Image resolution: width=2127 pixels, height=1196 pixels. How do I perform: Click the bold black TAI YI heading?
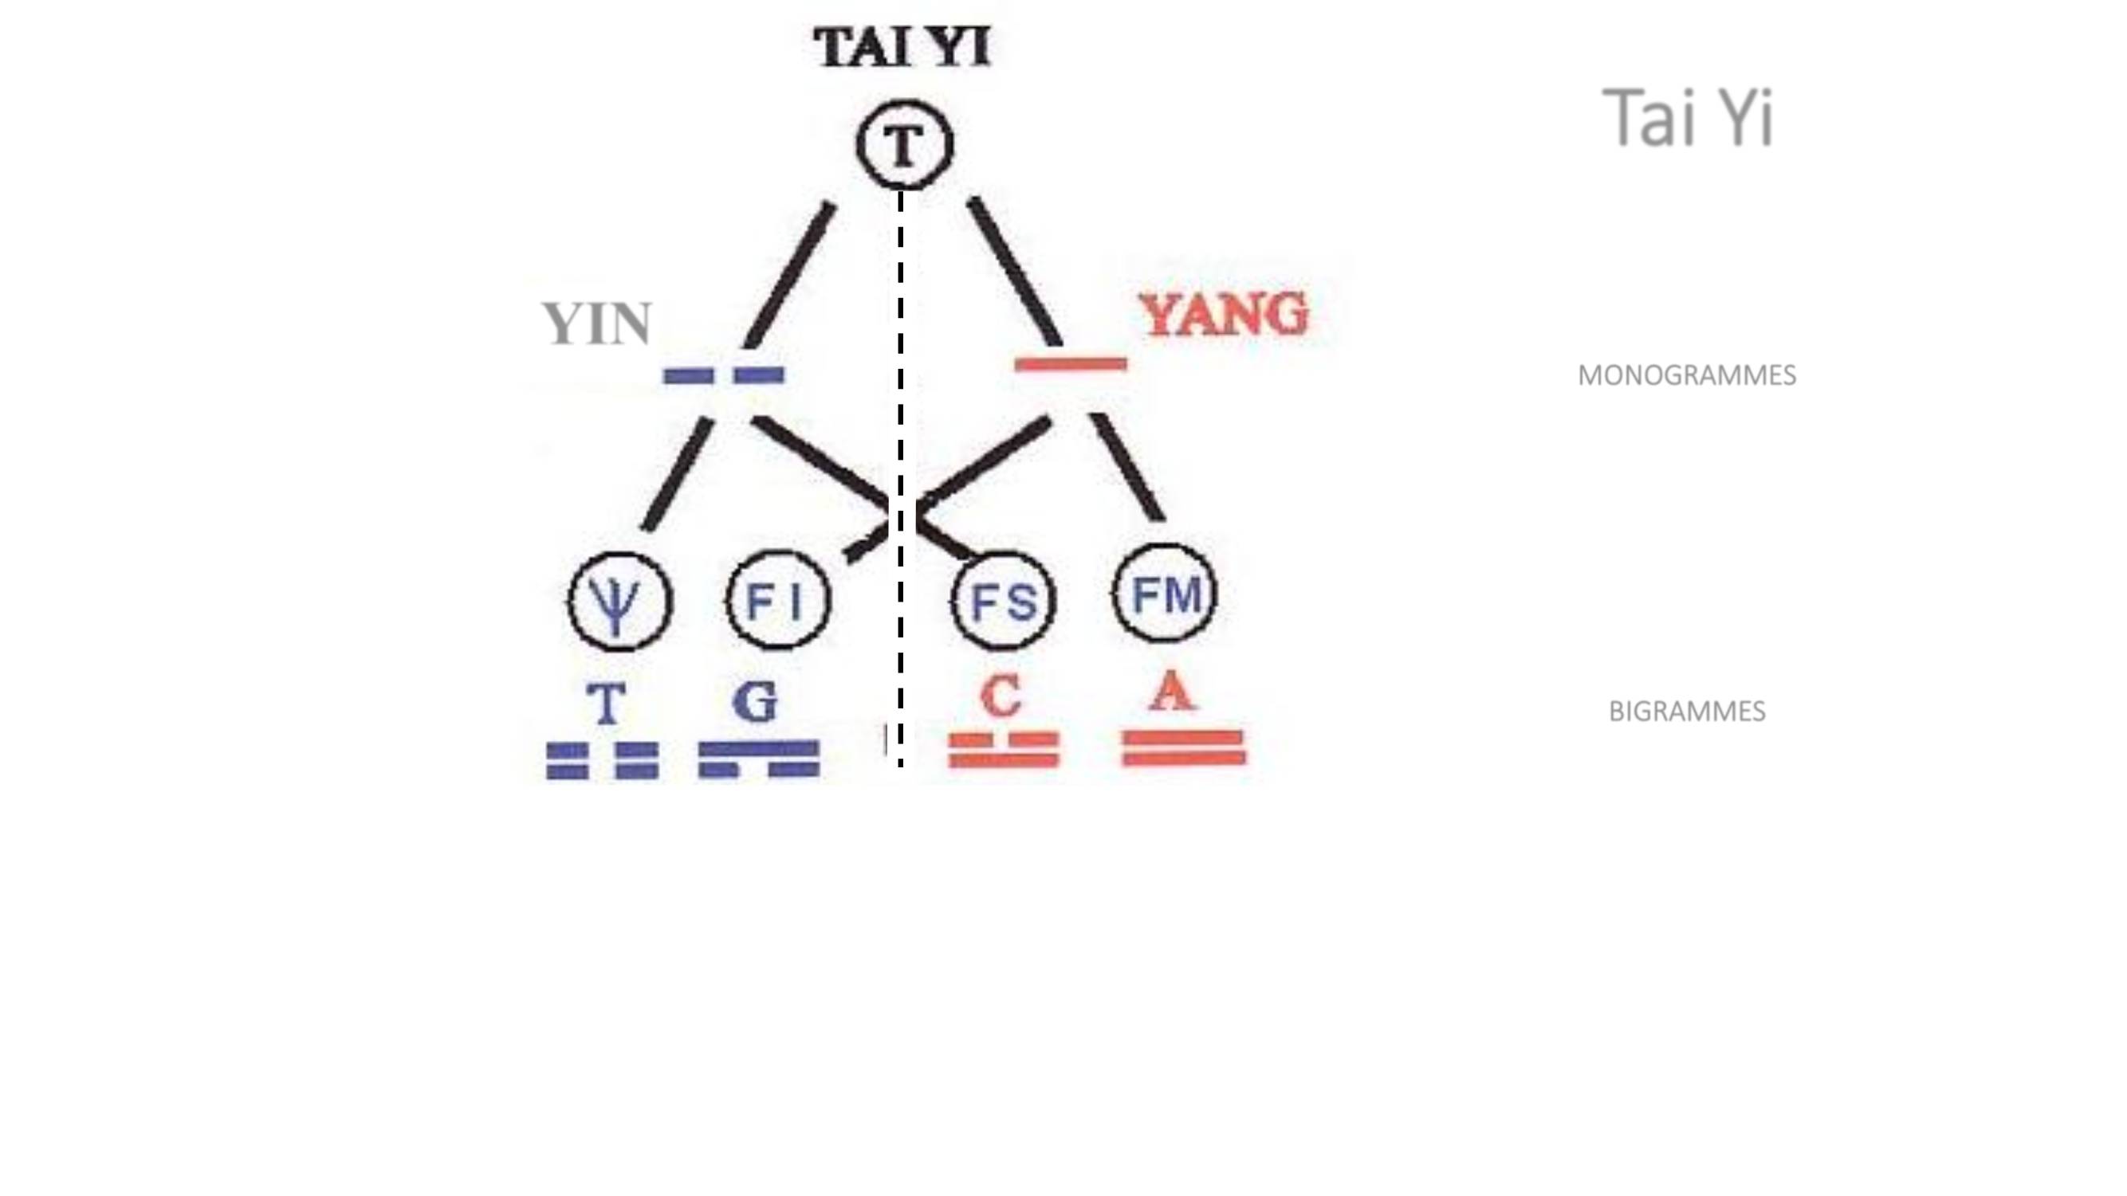(x=902, y=47)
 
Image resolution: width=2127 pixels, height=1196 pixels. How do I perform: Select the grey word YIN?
(x=597, y=324)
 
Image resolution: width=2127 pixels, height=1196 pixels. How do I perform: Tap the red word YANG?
(x=1225, y=315)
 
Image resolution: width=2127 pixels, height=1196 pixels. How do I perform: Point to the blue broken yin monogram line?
(x=724, y=375)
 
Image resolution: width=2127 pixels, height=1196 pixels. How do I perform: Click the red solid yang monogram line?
(x=1071, y=364)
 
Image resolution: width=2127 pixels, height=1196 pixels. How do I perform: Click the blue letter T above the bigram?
(x=605, y=704)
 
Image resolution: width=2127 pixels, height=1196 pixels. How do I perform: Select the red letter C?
(x=1001, y=696)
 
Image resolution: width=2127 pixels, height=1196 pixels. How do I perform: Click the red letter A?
(x=1173, y=690)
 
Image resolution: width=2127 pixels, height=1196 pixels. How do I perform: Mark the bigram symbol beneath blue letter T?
(x=603, y=761)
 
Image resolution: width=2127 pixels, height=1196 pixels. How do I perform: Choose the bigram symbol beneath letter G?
(x=759, y=759)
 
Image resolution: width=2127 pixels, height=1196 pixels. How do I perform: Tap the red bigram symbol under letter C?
(x=1003, y=751)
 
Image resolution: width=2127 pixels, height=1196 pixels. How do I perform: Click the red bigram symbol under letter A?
(x=1183, y=748)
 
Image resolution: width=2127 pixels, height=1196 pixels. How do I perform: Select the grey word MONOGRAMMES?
(x=1687, y=375)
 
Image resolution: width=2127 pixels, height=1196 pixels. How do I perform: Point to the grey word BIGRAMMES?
(x=1687, y=712)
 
